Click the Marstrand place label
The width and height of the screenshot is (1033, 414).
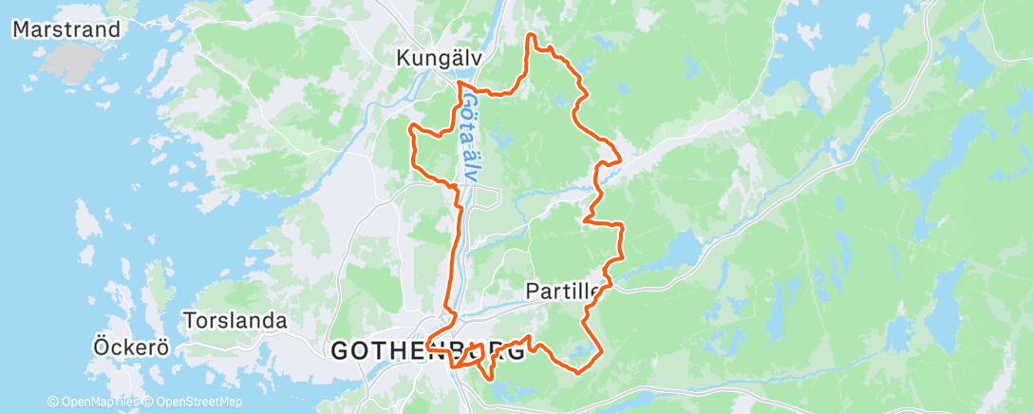pyautogui.click(x=66, y=29)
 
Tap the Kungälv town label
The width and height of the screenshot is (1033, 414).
pyautogui.click(x=439, y=59)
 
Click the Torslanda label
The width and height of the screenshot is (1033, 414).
pyautogui.click(x=235, y=321)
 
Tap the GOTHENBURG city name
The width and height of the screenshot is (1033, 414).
pyautogui.click(x=427, y=351)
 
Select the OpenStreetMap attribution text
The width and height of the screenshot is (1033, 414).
pyautogui.click(x=196, y=403)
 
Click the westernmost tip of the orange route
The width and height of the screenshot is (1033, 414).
pyautogui.click(x=409, y=126)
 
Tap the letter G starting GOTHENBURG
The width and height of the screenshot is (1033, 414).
pyautogui.click(x=339, y=351)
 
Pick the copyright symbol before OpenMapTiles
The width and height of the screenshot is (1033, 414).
pyautogui.click(x=52, y=403)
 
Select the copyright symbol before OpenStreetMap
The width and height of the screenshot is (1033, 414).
pyautogui.click(x=150, y=403)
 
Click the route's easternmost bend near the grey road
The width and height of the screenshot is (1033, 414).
pyautogui.click(x=621, y=159)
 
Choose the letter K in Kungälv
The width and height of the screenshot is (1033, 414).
pyautogui.click(x=402, y=59)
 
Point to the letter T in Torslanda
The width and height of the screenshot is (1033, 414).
pyautogui.click(x=188, y=321)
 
